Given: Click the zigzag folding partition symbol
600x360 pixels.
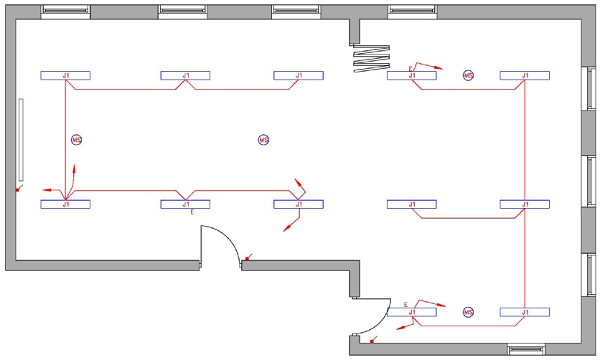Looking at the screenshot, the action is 371,59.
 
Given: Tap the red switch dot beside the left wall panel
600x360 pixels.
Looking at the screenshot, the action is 17,189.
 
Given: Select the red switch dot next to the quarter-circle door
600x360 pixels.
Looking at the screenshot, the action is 247,259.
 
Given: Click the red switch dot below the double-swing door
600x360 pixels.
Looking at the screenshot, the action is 372,341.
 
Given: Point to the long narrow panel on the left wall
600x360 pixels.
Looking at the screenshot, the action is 21,140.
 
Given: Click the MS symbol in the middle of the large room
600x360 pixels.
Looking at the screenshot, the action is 263,140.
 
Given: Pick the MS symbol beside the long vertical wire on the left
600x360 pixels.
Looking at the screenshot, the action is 77,140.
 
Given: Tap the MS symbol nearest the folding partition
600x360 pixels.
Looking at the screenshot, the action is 469,75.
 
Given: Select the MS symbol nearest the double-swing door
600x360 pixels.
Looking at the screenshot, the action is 469,312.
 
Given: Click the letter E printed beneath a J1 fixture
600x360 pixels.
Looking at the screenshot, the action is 192,212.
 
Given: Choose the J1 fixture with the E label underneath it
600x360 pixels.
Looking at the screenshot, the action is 185,204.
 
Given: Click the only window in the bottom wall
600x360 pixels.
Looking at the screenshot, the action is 526,349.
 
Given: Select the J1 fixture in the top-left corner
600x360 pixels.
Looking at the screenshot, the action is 65,75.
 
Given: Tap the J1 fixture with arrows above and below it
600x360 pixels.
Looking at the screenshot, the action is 299,204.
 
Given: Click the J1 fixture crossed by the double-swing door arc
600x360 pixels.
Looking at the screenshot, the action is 411,312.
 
